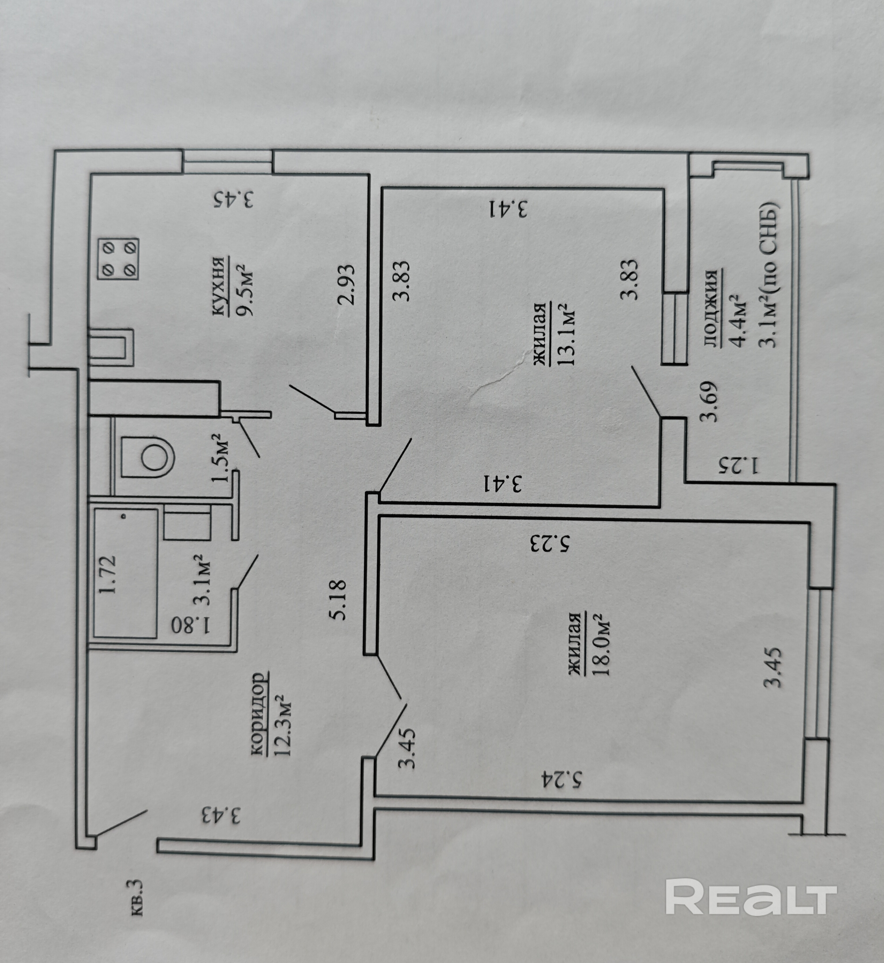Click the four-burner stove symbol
[118, 259]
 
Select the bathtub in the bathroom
[125, 573]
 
